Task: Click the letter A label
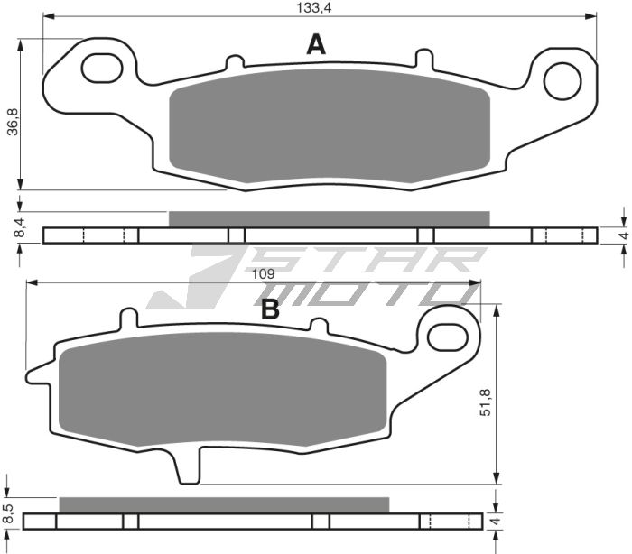[x=315, y=44]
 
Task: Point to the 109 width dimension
[x=263, y=273]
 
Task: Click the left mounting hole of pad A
[x=103, y=68]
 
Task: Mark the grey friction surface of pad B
[x=222, y=388]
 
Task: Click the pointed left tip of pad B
[x=33, y=372]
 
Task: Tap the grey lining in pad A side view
[x=329, y=218]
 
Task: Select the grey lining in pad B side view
[x=223, y=504]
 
